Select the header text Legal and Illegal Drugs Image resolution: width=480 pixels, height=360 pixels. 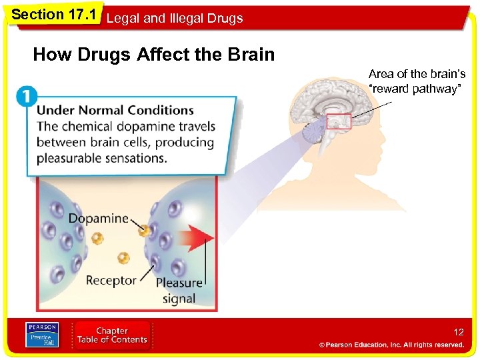175,19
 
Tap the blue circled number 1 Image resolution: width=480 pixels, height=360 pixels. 27,97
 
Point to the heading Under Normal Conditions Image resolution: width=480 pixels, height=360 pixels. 115,110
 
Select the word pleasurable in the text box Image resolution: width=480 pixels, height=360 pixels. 68,159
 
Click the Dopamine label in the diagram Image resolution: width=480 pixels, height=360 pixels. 98,218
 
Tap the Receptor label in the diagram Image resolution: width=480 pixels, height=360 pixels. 111,281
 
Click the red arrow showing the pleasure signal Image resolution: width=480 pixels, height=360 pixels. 197,237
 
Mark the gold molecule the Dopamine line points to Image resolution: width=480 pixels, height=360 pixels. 144,231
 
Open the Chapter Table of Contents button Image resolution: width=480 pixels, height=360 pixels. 112,335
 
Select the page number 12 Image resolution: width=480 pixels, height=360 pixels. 458,331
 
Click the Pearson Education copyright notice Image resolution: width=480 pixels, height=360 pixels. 391,345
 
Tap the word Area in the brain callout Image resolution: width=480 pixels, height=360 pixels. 381,74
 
